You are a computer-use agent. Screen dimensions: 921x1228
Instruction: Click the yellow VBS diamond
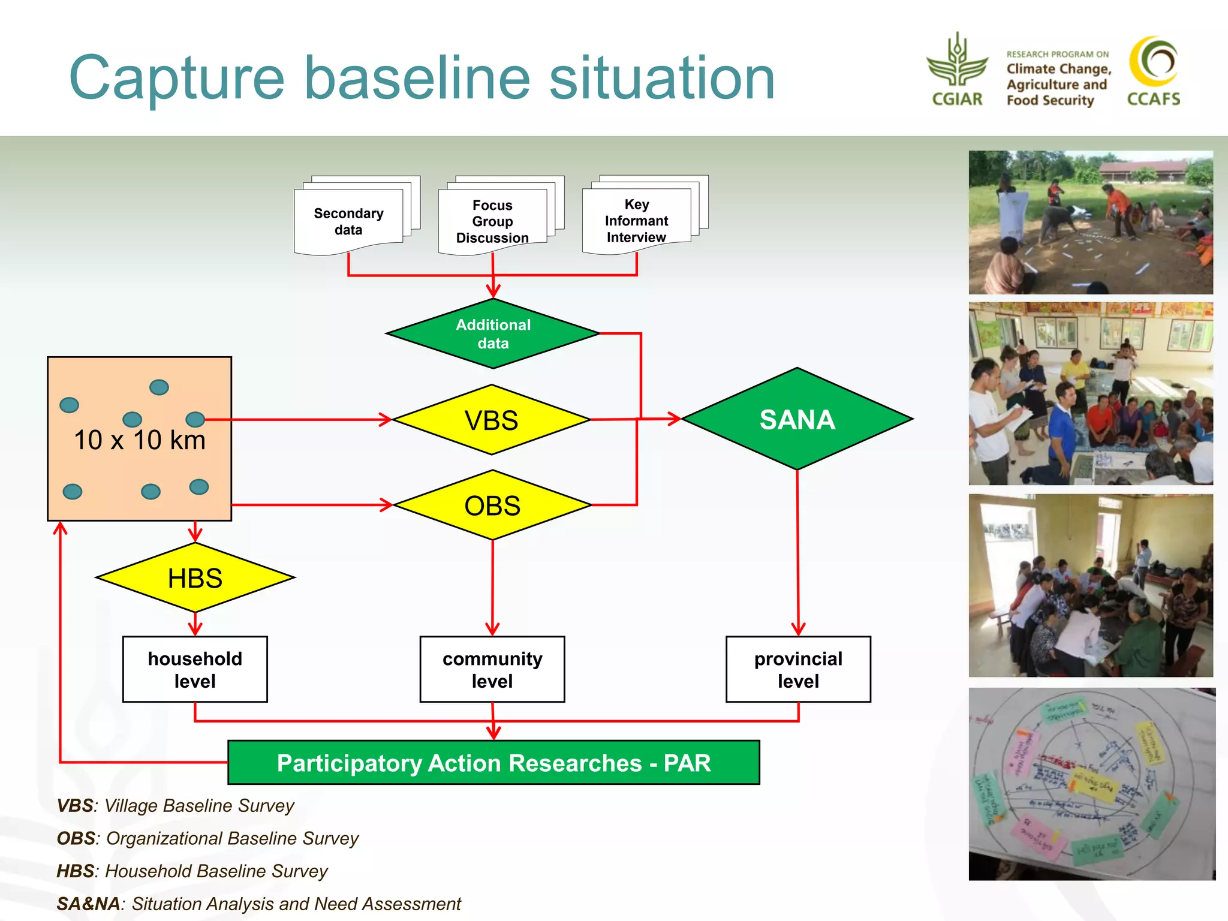[x=491, y=420]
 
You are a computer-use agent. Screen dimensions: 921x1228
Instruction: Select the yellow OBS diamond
[x=492, y=505]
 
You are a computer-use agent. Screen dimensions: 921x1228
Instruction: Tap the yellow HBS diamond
[x=195, y=578]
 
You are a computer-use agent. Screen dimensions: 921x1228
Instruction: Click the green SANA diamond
[x=797, y=419]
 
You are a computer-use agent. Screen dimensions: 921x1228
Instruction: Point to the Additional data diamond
[x=493, y=334]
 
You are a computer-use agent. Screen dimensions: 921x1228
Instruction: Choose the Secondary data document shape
[x=348, y=221]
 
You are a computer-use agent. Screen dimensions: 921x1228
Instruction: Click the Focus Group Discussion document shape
[x=492, y=221]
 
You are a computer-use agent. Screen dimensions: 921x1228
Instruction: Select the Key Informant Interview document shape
[x=636, y=221]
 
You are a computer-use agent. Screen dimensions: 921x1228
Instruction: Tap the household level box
[x=195, y=669]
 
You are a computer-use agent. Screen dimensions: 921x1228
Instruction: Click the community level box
[x=492, y=669]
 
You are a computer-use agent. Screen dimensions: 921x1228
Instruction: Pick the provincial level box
[x=798, y=669]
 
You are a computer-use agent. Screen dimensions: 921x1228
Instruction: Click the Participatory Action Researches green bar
[x=493, y=763]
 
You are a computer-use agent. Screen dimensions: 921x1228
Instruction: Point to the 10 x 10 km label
[x=139, y=440]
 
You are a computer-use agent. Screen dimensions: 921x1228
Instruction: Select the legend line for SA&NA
[x=258, y=904]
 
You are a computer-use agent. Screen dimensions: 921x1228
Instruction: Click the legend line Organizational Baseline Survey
[x=207, y=838]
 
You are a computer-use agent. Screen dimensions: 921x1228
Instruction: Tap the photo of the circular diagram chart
[x=1091, y=784]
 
